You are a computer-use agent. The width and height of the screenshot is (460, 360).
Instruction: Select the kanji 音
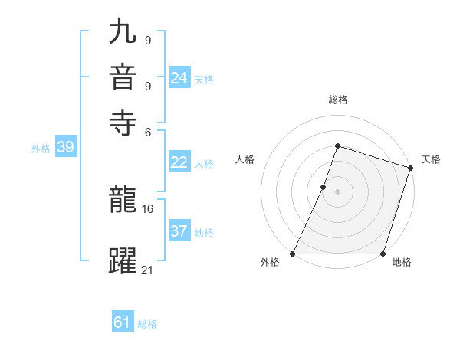click(x=123, y=78)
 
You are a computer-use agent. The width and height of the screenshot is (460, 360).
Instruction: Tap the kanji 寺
click(x=123, y=119)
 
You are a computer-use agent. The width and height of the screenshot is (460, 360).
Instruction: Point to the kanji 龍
click(x=123, y=201)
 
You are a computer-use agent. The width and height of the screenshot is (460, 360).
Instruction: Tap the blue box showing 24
click(x=179, y=78)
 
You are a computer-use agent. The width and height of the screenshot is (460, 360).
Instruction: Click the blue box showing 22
click(x=179, y=162)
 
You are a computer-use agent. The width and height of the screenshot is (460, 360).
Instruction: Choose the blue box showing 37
click(x=179, y=231)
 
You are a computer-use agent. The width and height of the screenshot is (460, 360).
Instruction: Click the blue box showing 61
click(x=123, y=322)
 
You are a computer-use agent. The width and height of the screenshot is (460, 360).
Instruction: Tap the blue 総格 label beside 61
click(x=147, y=324)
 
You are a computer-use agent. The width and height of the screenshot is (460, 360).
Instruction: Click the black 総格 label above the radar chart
click(x=337, y=100)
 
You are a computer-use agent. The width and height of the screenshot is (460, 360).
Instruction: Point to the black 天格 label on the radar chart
click(x=431, y=159)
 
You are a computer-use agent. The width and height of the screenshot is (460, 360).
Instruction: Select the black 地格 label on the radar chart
click(x=402, y=263)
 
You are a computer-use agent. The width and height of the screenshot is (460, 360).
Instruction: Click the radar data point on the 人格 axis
click(x=324, y=186)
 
